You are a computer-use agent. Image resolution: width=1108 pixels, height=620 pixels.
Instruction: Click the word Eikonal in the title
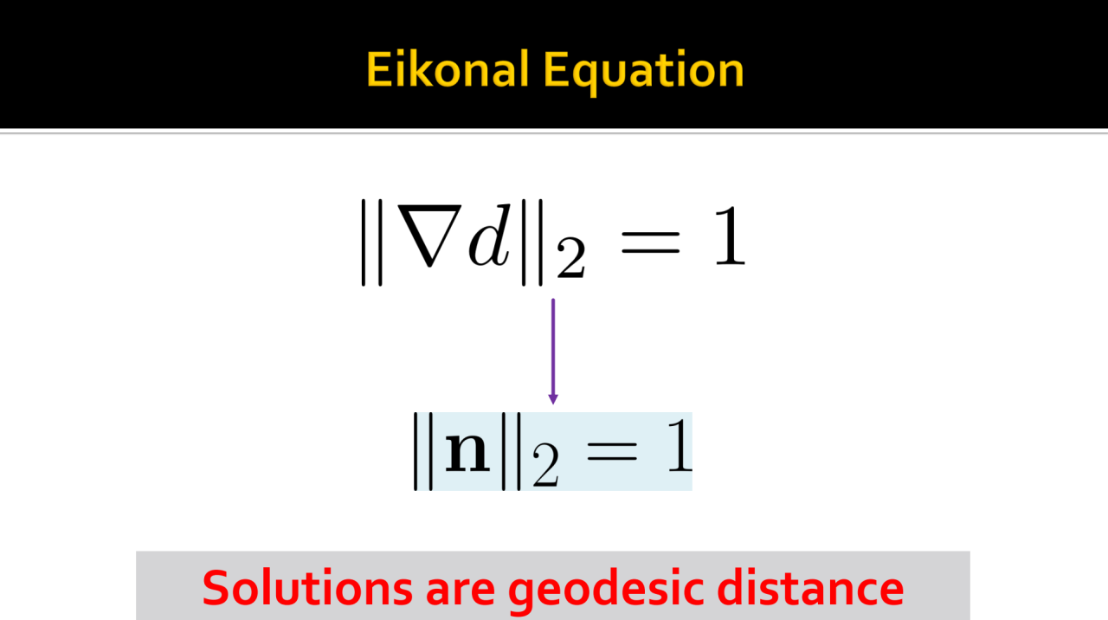(x=448, y=70)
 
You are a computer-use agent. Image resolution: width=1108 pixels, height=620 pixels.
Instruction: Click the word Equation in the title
(x=643, y=72)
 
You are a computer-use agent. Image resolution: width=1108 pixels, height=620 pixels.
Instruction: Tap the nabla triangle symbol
(x=429, y=235)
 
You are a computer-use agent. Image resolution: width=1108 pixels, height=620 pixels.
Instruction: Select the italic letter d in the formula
(x=489, y=235)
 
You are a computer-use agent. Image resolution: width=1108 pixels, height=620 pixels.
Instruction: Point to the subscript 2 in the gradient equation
(x=570, y=258)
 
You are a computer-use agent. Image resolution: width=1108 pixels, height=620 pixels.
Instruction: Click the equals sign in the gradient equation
(x=650, y=242)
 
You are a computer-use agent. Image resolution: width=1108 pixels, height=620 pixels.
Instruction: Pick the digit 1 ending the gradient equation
(x=730, y=236)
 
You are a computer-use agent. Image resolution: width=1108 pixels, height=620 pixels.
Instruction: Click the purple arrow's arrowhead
(x=553, y=399)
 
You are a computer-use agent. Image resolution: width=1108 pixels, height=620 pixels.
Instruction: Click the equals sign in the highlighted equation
(x=612, y=452)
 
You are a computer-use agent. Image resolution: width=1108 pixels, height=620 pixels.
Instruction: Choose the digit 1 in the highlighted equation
(x=680, y=445)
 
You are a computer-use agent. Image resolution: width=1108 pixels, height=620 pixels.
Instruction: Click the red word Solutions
(x=307, y=588)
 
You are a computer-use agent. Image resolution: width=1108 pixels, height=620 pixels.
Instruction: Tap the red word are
(x=461, y=593)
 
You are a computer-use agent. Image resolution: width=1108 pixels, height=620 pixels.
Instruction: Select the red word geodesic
(x=605, y=591)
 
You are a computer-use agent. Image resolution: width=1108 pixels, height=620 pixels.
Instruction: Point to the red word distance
(x=810, y=588)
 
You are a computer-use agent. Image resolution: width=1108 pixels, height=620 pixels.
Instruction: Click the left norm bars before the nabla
(x=372, y=242)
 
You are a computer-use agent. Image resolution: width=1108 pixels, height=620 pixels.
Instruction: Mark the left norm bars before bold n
(x=423, y=451)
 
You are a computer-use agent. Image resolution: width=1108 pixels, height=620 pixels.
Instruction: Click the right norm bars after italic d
(x=532, y=242)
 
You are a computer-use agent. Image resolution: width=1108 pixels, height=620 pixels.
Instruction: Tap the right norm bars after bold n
(x=512, y=451)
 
